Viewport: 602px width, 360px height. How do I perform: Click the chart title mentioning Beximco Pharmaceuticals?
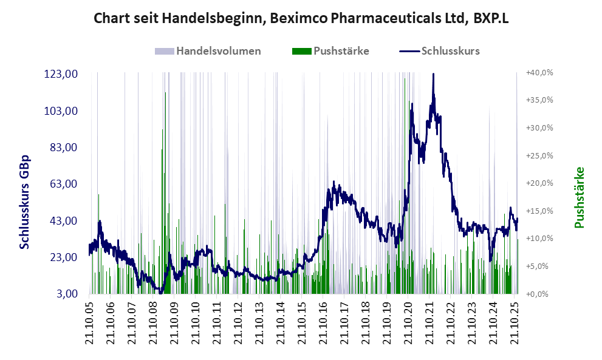301,18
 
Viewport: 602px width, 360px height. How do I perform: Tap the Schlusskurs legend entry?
450,51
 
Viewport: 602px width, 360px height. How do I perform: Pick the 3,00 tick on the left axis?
66,294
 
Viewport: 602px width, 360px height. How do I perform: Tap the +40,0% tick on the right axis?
539,72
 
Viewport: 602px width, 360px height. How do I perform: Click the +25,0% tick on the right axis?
539,155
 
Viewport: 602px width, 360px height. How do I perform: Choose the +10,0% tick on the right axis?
539,239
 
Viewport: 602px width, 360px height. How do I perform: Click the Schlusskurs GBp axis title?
25,202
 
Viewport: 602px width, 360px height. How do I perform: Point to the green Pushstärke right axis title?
578,198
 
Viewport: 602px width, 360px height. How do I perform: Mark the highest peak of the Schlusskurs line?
433,75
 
